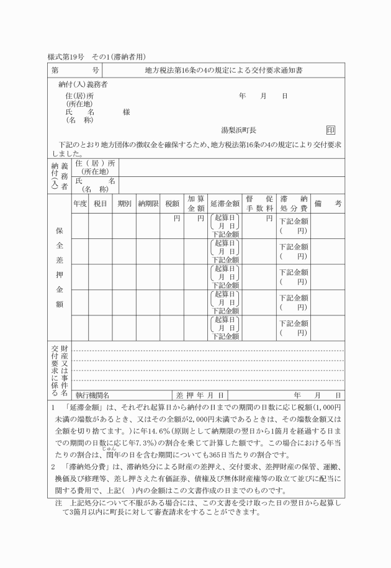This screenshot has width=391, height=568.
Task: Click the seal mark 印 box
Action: click(x=331, y=130)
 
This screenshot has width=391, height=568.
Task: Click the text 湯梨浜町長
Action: click(x=239, y=130)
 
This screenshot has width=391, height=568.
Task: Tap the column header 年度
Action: click(x=80, y=203)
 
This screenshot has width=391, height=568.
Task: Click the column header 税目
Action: click(x=101, y=203)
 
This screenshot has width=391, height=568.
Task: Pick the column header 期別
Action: click(x=124, y=203)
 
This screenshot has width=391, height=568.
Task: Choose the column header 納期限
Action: click(x=149, y=203)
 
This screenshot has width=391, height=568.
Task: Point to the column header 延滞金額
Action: click(x=225, y=203)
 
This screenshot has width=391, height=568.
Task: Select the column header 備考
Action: click(x=328, y=203)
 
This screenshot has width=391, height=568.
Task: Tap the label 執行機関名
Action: click(x=92, y=395)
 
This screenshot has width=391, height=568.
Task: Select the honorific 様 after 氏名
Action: click(x=127, y=112)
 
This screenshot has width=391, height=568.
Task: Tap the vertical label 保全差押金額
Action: click(x=60, y=268)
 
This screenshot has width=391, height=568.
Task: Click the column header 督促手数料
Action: click(x=259, y=203)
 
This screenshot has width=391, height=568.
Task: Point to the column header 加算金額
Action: click(x=196, y=203)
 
